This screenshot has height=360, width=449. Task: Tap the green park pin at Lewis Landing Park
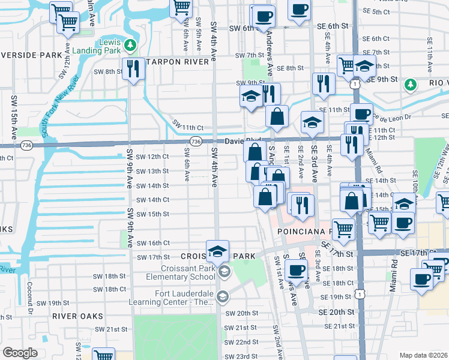coord(130,45)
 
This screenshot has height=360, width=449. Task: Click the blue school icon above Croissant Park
coord(217,251)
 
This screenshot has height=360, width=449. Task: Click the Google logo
coord(20,353)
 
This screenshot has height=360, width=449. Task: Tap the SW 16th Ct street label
coord(153,243)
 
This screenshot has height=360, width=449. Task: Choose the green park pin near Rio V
coord(411,85)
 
